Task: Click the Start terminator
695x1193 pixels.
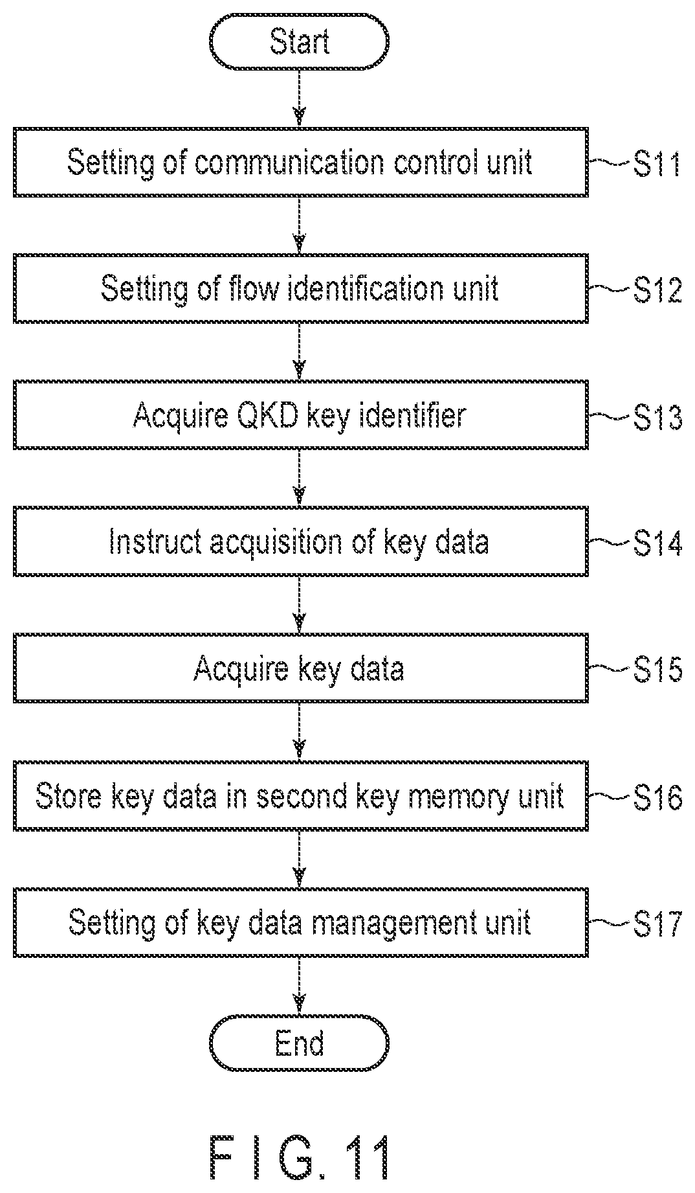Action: click(299, 42)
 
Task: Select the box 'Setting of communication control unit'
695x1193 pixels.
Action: click(301, 162)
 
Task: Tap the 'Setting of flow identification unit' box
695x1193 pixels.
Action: click(301, 288)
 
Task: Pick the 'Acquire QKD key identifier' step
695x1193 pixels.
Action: click(301, 415)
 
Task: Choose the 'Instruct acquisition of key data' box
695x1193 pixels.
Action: click(301, 541)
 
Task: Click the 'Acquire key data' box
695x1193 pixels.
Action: click(301, 668)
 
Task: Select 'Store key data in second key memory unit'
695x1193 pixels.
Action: click(301, 795)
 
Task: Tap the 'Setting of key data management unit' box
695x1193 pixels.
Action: click(301, 922)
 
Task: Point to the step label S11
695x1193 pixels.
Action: click(657, 164)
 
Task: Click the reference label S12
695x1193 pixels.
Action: click(657, 290)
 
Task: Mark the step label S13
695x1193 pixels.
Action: click(657, 417)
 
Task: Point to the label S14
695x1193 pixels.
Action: click(657, 543)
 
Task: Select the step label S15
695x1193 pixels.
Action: click(657, 670)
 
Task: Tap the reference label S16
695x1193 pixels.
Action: click(657, 797)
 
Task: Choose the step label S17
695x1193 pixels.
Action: click(657, 924)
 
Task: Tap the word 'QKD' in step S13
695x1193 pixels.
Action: click(265, 415)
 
